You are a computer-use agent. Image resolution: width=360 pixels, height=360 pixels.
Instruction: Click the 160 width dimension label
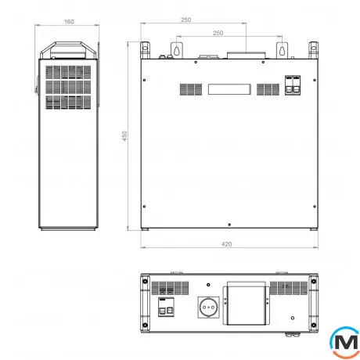69,22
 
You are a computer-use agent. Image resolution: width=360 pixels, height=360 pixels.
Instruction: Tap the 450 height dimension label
124,136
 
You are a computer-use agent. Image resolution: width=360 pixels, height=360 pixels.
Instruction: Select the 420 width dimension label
226,244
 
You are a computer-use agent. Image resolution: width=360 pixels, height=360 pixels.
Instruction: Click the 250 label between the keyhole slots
218,33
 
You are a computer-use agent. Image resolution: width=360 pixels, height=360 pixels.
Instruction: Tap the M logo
345,342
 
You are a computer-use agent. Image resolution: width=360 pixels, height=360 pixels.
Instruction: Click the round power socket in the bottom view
208,308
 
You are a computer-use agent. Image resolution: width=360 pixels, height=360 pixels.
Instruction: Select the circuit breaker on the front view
293,85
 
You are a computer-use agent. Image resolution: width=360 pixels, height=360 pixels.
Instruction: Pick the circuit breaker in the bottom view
166,307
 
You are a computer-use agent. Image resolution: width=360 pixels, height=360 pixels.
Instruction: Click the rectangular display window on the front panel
229,89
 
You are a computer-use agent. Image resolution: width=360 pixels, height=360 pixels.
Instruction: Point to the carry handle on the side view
68,49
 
